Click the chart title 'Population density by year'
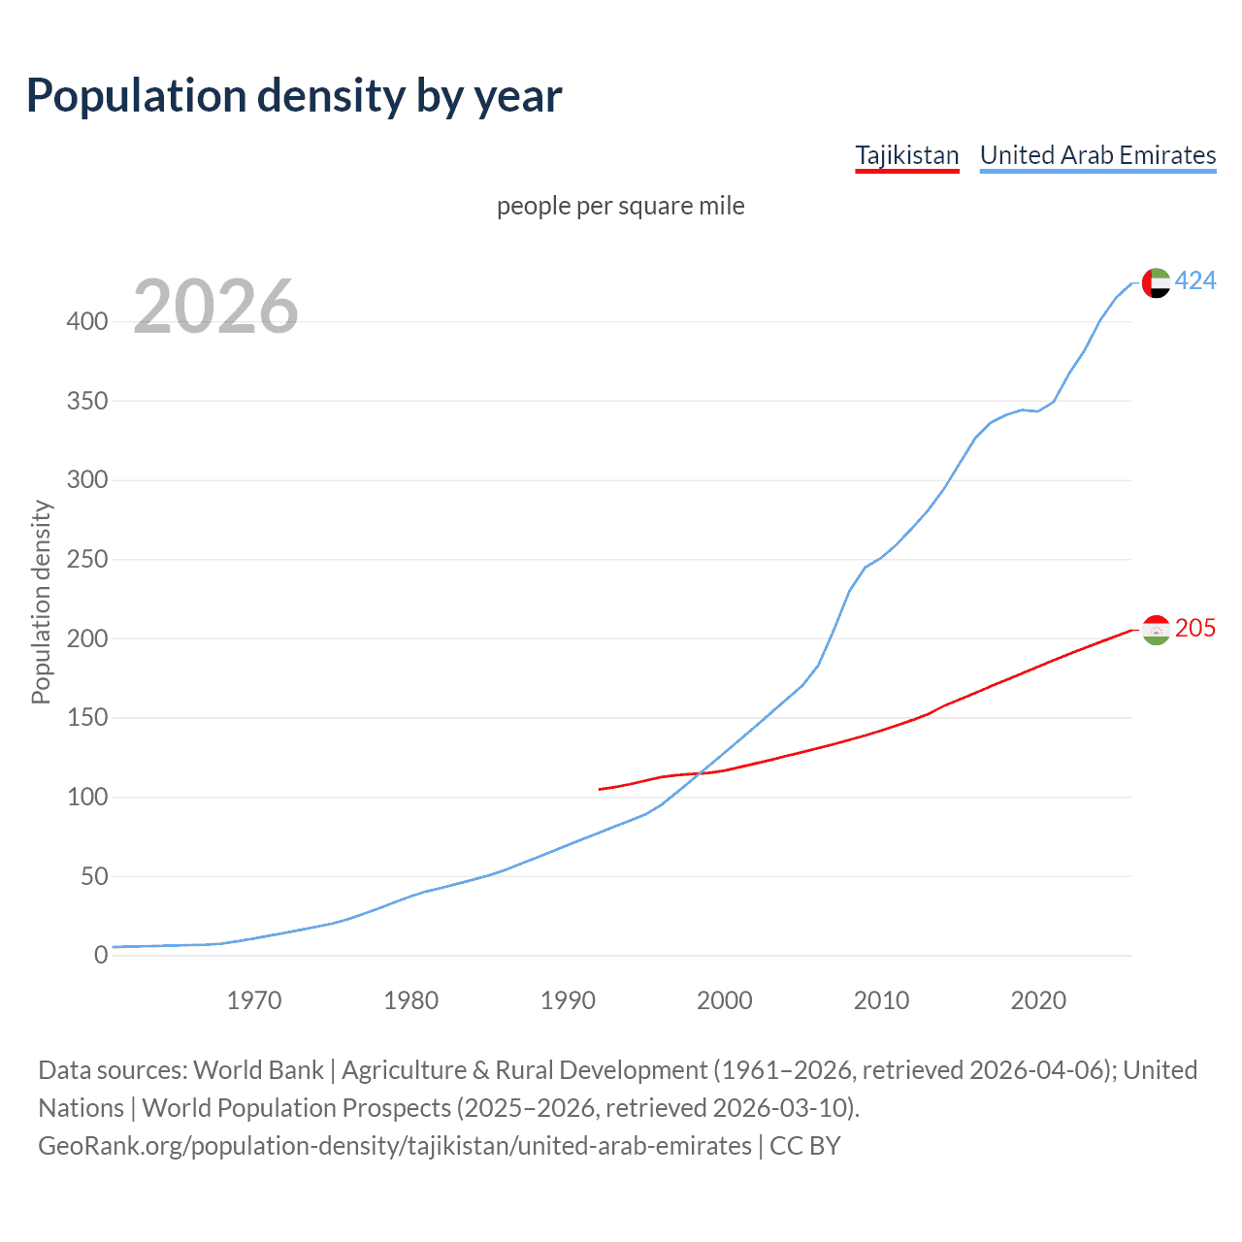[294, 96]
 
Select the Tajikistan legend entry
[906, 155]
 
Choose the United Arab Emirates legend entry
[1097, 155]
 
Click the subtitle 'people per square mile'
[620, 206]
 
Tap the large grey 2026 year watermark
[215, 307]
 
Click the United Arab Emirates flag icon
[1156, 282]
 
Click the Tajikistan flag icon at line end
[1156, 630]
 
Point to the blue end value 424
[1194, 280]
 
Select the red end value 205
[1194, 628]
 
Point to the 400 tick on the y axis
[87, 321]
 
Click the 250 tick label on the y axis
[87, 559]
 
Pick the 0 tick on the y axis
[101, 955]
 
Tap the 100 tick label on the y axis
[87, 797]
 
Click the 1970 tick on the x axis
[254, 999]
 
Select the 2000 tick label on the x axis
[725, 999]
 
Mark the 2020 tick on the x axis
[1038, 999]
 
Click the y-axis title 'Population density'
[41, 602]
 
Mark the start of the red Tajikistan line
[600, 789]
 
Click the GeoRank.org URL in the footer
[395, 1146]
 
